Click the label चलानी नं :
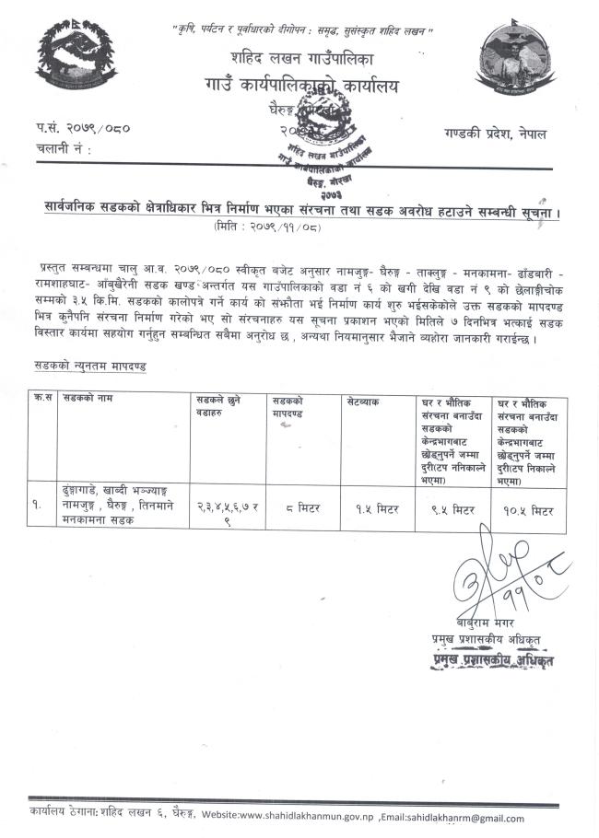[x=65, y=147]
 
